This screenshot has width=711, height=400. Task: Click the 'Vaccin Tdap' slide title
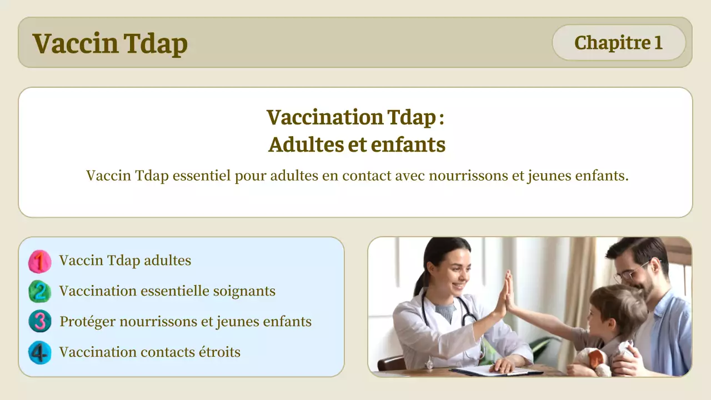click(x=110, y=43)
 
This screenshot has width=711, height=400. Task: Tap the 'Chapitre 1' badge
click(x=618, y=43)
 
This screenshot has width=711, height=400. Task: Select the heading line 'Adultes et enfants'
click(x=357, y=144)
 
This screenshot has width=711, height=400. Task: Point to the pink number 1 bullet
click(x=39, y=261)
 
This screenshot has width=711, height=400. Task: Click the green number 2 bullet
click(x=39, y=292)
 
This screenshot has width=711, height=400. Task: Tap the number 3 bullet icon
click(x=39, y=322)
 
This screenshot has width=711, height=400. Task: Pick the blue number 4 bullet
click(x=39, y=352)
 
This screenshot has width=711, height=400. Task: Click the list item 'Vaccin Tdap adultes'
click(x=125, y=261)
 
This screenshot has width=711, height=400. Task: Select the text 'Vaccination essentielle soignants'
click(x=167, y=291)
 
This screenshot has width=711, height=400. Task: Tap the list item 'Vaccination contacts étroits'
click(x=149, y=352)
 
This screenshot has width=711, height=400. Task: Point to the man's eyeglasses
click(x=632, y=273)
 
